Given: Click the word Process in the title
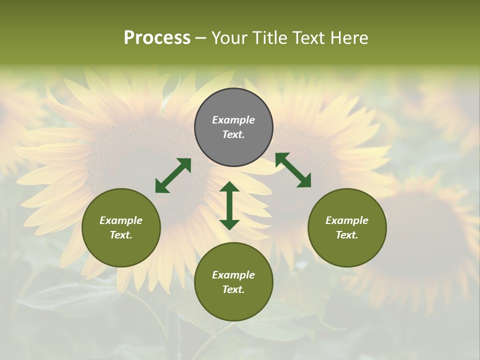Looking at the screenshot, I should [157, 38].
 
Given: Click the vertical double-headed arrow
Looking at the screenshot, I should [229, 205].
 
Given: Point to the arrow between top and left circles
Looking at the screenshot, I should [173, 175].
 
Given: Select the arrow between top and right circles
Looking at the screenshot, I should [293, 170].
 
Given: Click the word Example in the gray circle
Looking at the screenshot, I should [233, 120].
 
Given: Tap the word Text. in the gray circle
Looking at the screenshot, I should [233, 134].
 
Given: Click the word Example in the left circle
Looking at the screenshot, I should [121, 220].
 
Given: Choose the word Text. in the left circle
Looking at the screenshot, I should [121, 235].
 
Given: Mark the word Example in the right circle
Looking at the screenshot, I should [347, 220].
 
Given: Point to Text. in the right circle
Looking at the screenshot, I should [347, 235].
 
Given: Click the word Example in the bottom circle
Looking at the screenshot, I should [233, 275].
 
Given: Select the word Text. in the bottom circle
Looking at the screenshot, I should [233, 289].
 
